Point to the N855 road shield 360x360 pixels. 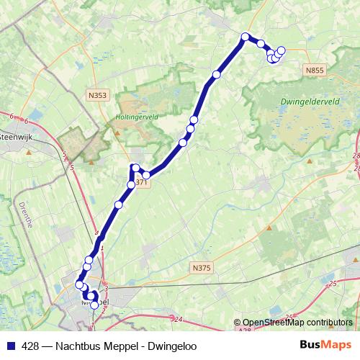(313, 70)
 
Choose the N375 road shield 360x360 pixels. (202, 268)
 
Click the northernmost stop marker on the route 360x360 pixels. (246, 37)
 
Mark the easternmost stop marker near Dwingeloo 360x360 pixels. (281, 50)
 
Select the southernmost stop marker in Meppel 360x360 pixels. (94, 305)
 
